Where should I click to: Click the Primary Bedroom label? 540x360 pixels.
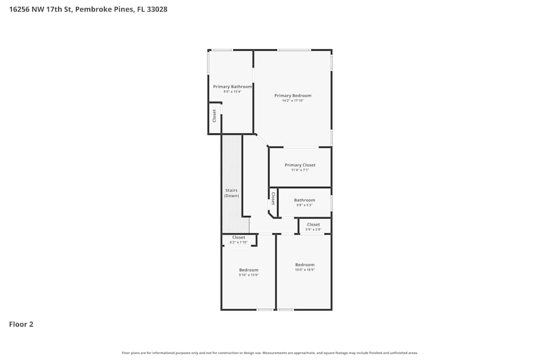293,96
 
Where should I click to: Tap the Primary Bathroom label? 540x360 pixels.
232,86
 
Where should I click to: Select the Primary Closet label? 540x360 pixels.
300,165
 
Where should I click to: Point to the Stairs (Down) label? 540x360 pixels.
232,193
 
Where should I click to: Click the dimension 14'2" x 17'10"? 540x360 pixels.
293,101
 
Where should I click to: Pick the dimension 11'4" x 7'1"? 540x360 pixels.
300,170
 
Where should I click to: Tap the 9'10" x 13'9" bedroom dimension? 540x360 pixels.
248,275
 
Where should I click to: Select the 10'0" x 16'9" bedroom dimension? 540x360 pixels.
305,269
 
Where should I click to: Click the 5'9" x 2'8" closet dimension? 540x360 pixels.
313,229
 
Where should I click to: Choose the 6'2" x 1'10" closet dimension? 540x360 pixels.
238,242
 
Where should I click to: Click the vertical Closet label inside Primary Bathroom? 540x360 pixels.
214,116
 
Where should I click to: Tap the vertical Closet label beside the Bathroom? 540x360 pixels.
273,198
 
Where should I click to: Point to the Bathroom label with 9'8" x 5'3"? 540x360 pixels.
305,200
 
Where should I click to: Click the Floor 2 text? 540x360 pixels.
21,324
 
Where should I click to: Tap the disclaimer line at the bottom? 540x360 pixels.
269,353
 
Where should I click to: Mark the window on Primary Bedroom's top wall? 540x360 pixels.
294,50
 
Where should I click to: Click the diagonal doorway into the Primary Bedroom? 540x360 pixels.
261,140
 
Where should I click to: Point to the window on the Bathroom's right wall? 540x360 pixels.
332,203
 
